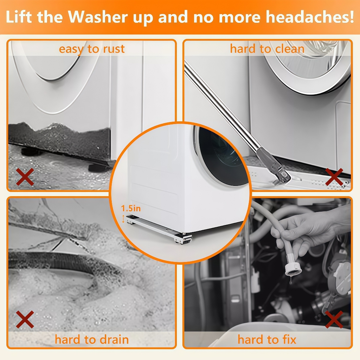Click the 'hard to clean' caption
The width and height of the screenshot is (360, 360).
pos(267,49)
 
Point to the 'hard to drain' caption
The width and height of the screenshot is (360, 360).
pos(92,339)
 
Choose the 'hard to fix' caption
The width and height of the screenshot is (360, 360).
pos(267,339)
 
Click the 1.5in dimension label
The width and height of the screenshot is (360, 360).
pos(131,208)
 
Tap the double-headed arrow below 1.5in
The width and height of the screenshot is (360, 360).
pos(123,219)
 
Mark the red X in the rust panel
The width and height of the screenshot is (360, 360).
pos(25,177)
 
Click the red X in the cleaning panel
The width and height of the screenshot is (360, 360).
pos(334,177)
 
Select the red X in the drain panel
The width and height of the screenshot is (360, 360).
pos(25,319)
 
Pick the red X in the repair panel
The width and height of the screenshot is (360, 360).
pos(334,319)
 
